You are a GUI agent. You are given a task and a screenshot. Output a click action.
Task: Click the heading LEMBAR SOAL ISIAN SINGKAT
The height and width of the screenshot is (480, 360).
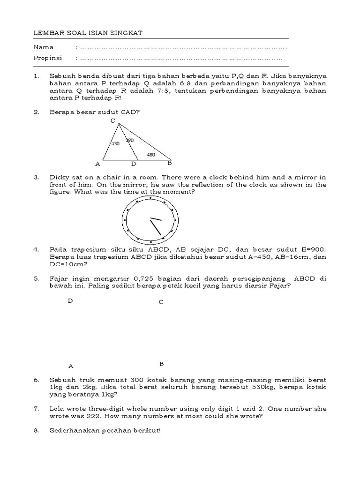88,33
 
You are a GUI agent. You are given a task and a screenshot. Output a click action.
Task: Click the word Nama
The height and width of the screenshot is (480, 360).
44,47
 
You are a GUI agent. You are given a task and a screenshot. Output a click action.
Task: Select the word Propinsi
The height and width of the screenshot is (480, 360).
47,59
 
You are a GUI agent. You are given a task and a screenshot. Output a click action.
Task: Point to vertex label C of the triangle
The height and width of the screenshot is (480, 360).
113,121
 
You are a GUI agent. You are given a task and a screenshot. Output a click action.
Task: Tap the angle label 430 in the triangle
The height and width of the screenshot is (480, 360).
115,144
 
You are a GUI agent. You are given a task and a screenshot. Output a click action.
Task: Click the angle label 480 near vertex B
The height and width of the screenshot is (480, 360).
151,154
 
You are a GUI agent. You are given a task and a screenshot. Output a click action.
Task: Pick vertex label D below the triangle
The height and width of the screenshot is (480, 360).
134,164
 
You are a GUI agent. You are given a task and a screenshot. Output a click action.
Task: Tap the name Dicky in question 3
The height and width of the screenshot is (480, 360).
60,177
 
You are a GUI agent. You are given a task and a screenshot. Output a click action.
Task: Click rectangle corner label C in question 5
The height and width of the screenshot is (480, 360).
161,302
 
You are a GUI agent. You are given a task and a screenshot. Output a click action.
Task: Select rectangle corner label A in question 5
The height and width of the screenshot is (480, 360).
71,366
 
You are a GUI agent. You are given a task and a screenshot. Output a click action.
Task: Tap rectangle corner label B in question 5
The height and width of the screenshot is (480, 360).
161,364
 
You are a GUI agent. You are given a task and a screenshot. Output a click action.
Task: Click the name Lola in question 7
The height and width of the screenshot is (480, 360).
58,409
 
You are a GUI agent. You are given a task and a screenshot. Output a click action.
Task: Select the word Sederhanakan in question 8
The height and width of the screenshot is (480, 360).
75,430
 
